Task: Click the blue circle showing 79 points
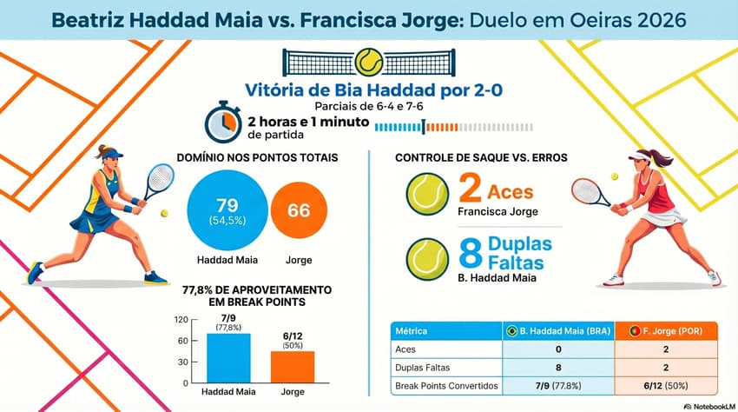227,212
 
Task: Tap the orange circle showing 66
299,211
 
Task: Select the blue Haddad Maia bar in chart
228,358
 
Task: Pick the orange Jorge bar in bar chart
293,366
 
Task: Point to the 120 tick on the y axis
181,320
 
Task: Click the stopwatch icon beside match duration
222,123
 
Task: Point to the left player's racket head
159,180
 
